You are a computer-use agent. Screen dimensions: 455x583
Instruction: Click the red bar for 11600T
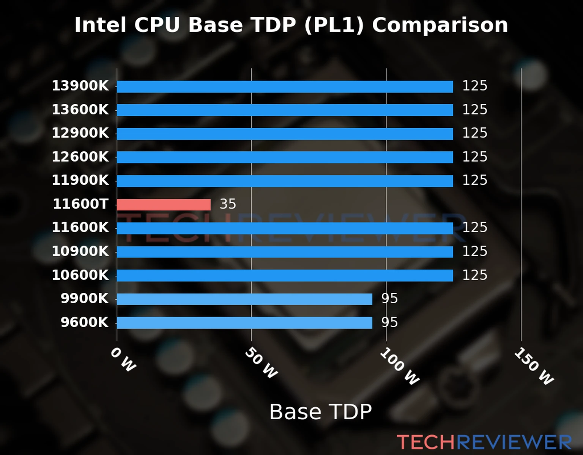pyautogui.click(x=164, y=205)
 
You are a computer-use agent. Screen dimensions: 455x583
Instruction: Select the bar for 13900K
pyautogui.click(x=285, y=86)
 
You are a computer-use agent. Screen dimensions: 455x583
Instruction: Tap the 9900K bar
pyautogui.click(x=244, y=299)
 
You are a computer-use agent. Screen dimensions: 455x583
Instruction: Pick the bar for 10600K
pyautogui.click(x=285, y=275)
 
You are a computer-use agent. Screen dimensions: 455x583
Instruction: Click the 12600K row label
pyautogui.click(x=80, y=157)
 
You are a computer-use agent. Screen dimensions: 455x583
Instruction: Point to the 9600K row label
pyautogui.click(x=84, y=323)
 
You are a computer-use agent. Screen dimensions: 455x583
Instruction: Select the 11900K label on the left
pyautogui.click(x=80, y=180)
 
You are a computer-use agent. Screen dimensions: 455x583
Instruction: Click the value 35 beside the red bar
pyautogui.click(x=228, y=204)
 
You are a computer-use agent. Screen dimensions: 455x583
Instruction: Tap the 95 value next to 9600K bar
pyautogui.click(x=389, y=322)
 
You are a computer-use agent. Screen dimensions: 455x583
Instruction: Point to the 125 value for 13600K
pyautogui.click(x=474, y=110)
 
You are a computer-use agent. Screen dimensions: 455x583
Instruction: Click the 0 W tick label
pyautogui.click(x=123, y=359)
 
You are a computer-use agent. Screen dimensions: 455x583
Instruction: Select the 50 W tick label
pyautogui.click(x=261, y=363)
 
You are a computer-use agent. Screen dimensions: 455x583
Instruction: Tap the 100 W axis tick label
pyautogui.click(x=400, y=366)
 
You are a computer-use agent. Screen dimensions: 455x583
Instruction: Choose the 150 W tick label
pyautogui.click(x=534, y=366)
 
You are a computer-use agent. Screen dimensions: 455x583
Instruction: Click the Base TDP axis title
pyautogui.click(x=320, y=412)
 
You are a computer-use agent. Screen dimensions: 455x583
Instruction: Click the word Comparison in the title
pyautogui.click(x=440, y=25)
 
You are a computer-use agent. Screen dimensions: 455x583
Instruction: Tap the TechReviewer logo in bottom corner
pyautogui.click(x=484, y=442)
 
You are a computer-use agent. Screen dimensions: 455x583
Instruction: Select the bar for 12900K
pyautogui.click(x=285, y=134)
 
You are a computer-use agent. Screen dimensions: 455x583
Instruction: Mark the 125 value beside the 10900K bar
pyautogui.click(x=474, y=251)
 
